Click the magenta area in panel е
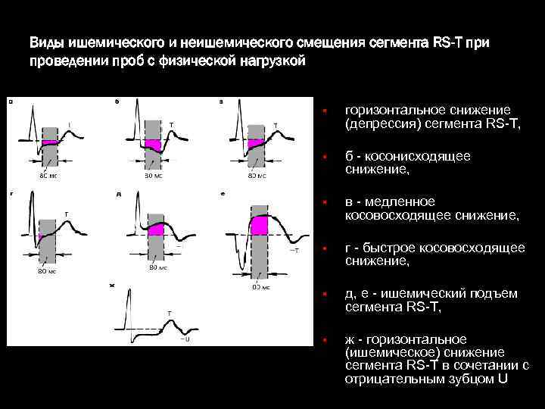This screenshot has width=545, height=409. click(260, 225)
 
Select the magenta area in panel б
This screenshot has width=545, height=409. click(153, 144)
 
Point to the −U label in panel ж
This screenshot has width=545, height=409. click(185, 339)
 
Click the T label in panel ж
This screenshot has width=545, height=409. click(169, 312)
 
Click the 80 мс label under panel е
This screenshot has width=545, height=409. click(260, 289)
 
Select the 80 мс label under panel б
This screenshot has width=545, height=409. click(154, 176)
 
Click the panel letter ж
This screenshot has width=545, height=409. click(112, 285)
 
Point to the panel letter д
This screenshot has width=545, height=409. click(119, 194)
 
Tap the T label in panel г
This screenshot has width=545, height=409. click(66, 214)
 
